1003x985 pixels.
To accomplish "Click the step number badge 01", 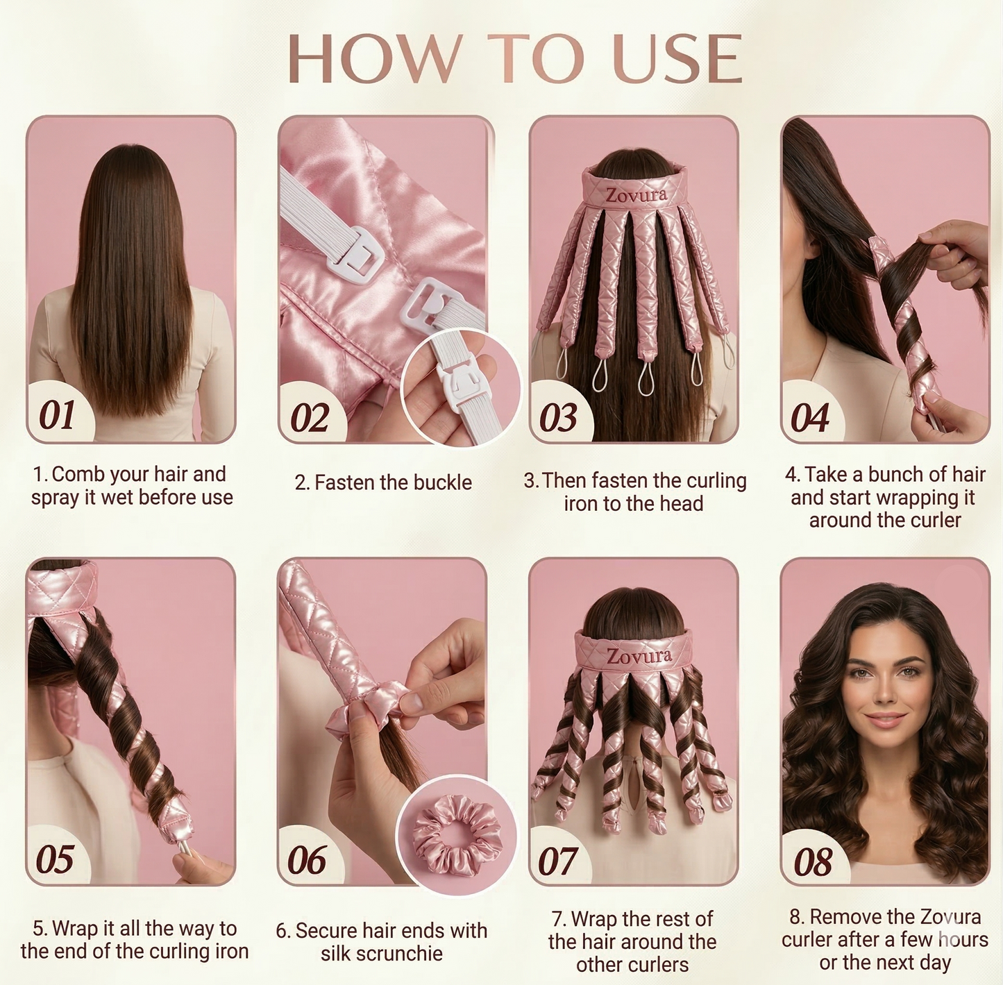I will pos(57,415).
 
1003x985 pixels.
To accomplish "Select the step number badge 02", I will pos(309,417).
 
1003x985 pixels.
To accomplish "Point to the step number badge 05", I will pos(55,859).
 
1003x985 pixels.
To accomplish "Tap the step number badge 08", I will pos(813,861).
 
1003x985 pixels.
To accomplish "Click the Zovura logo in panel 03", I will pos(635,194).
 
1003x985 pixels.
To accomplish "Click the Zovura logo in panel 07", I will pos(639,655).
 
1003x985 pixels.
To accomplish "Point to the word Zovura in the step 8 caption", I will pos(948,917).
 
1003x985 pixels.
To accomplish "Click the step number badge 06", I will pos(306,861).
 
